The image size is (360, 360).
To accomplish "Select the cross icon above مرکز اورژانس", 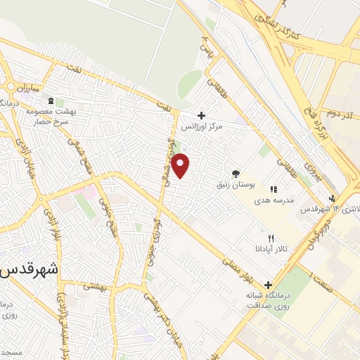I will coord(202,115).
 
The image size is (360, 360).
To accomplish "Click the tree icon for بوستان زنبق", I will coord(235,174).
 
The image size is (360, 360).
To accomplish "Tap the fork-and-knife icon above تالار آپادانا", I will coord(271,238).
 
